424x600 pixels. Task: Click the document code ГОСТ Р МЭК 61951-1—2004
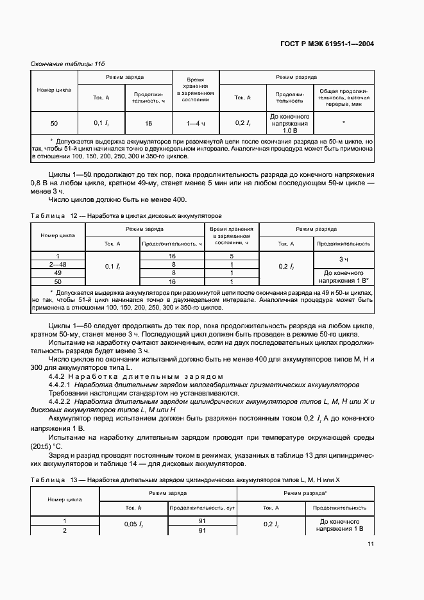pos(327,44)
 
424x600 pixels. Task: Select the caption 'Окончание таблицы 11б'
pos(67,65)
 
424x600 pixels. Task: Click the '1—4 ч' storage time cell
pos(196,122)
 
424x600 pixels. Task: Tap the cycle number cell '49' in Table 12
pos(58,272)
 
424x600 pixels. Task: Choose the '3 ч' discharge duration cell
pos(343,259)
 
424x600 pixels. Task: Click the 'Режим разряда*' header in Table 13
pos(305,494)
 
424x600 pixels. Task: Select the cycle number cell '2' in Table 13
pos(64,530)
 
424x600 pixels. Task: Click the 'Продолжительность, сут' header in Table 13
pos(202,508)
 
